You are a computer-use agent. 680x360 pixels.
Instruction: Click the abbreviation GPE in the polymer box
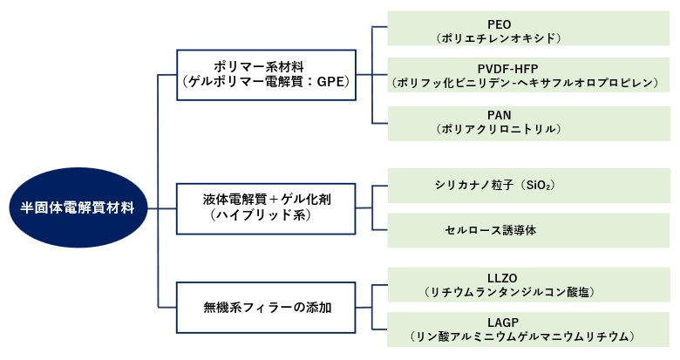(327, 83)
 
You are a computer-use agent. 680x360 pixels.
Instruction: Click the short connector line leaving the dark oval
(152, 208)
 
